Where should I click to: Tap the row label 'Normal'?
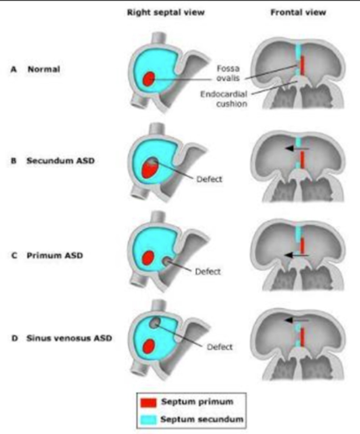pos(44,70)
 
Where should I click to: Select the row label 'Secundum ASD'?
pos(60,161)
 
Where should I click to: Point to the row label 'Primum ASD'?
pos(55,255)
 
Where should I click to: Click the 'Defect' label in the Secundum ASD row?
pos(209,179)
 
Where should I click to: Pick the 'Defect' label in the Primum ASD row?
pos(207,271)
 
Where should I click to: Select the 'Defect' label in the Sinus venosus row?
pos(219,347)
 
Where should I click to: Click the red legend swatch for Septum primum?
pos(147,402)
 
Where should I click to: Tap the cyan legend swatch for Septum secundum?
pos(147,420)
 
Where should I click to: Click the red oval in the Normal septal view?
pos(149,79)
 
